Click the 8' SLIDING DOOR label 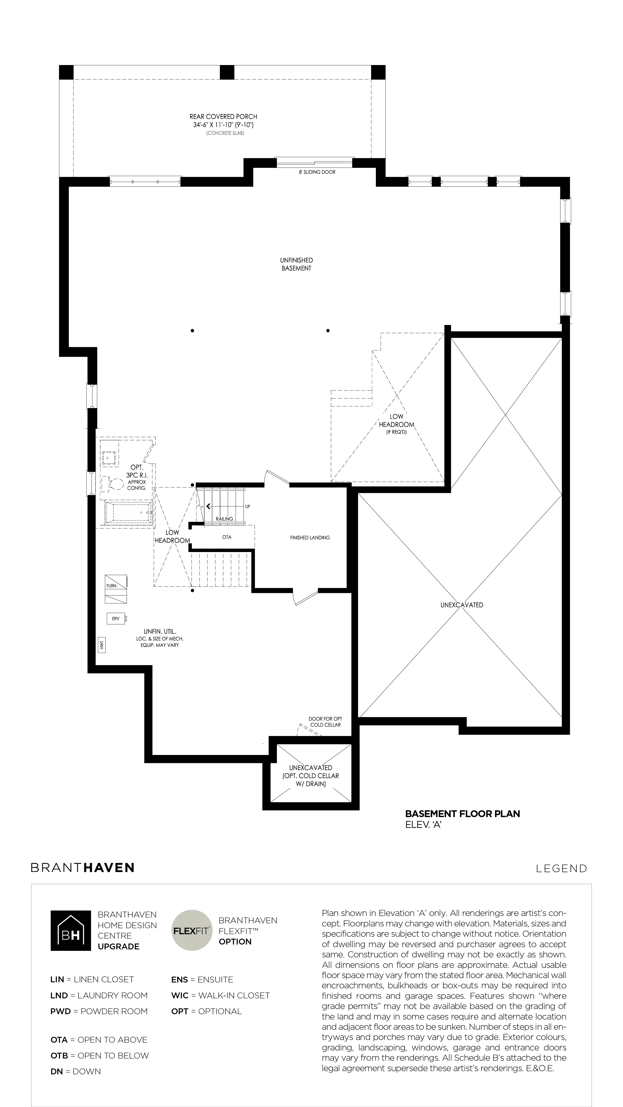tap(317, 172)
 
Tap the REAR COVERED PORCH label tap(223, 116)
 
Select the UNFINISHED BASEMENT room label tap(296, 264)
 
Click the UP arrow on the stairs tap(209, 506)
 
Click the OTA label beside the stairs tap(227, 537)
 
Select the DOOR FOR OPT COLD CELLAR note tap(325, 722)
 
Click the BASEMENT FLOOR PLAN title tap(463, 813)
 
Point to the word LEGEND tap(561, 868)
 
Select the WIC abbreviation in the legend tap(180, 995)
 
